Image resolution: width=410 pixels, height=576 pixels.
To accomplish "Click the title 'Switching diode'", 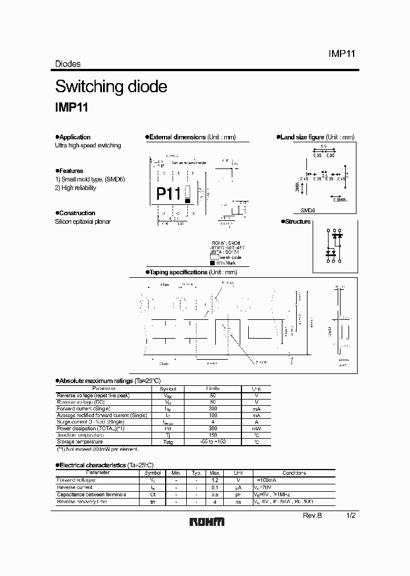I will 111,87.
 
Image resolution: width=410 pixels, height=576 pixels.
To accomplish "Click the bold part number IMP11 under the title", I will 71,106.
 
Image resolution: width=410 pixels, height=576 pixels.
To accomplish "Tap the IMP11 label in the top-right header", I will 342,54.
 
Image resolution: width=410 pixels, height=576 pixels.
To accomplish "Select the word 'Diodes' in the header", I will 68,64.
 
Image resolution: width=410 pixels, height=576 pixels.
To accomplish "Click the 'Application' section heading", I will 75,137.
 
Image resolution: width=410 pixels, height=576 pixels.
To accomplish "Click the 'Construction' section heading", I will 77,213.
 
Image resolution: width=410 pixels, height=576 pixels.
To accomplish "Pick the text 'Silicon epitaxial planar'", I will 83,221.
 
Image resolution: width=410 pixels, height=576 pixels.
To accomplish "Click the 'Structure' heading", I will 297,221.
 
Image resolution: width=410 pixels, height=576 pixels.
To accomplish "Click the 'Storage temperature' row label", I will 80,442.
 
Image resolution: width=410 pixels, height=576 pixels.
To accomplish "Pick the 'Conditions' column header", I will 294,473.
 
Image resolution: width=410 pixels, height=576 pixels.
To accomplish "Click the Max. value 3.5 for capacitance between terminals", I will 215,495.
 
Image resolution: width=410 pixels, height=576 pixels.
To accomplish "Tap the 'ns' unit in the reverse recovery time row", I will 239,501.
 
